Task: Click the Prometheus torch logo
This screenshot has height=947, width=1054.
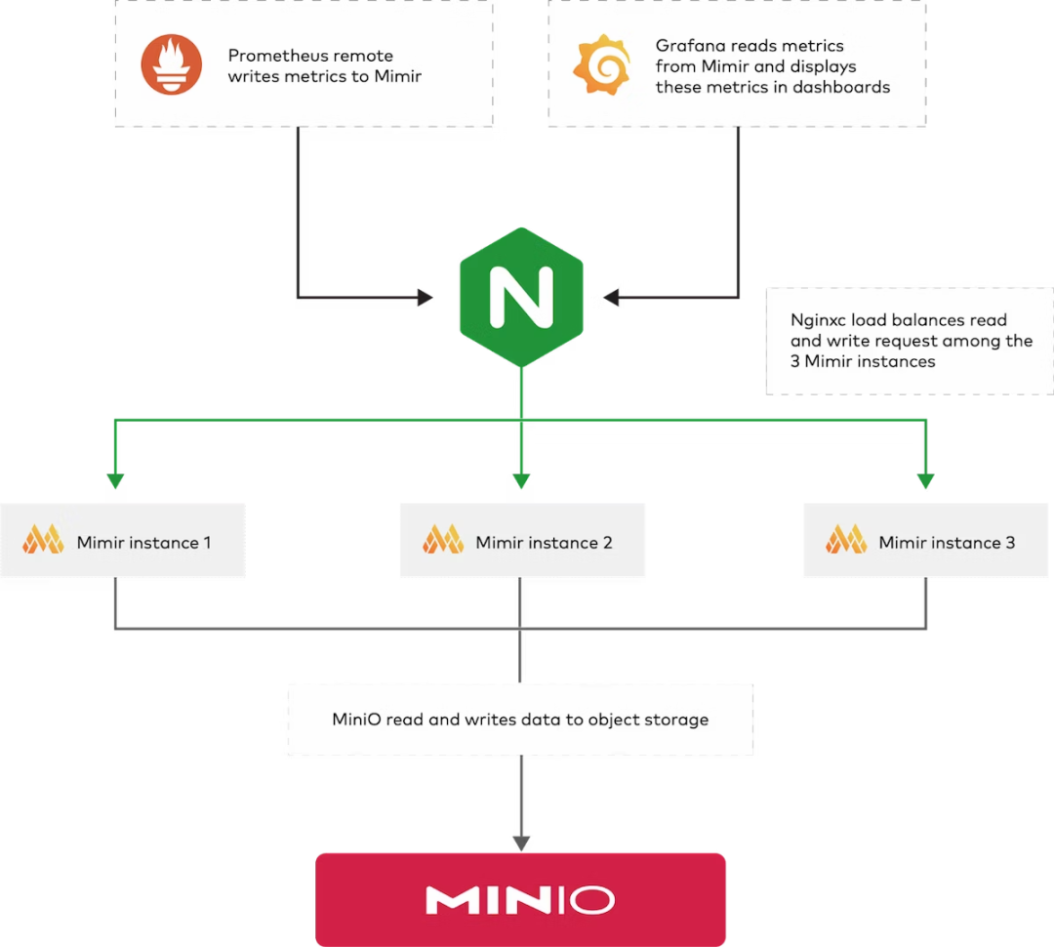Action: click(172, 64)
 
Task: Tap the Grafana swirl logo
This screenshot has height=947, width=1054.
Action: click(600, 64)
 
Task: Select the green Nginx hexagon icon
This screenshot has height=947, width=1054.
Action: click(521, 297)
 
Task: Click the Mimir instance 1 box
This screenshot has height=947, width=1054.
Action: click(122, 542)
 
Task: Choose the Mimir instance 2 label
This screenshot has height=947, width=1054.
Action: click(544, 543)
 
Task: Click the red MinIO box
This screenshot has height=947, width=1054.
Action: click(520, 898)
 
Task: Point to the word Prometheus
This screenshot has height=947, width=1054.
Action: click(276, 56)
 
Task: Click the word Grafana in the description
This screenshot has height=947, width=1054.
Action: click(688, 46)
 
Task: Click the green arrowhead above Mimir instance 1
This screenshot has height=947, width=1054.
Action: click(116, 480)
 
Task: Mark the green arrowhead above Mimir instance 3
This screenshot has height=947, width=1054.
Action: click(925, 480)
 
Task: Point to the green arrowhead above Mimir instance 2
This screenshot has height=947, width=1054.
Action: click(521, 480)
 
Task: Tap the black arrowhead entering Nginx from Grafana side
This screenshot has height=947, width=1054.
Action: click(611, 297)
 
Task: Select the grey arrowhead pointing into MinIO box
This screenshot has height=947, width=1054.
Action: click(521, 841)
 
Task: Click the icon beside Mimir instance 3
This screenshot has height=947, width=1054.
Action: click(846, 540)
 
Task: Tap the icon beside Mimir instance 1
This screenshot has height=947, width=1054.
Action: click(43, 540)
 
